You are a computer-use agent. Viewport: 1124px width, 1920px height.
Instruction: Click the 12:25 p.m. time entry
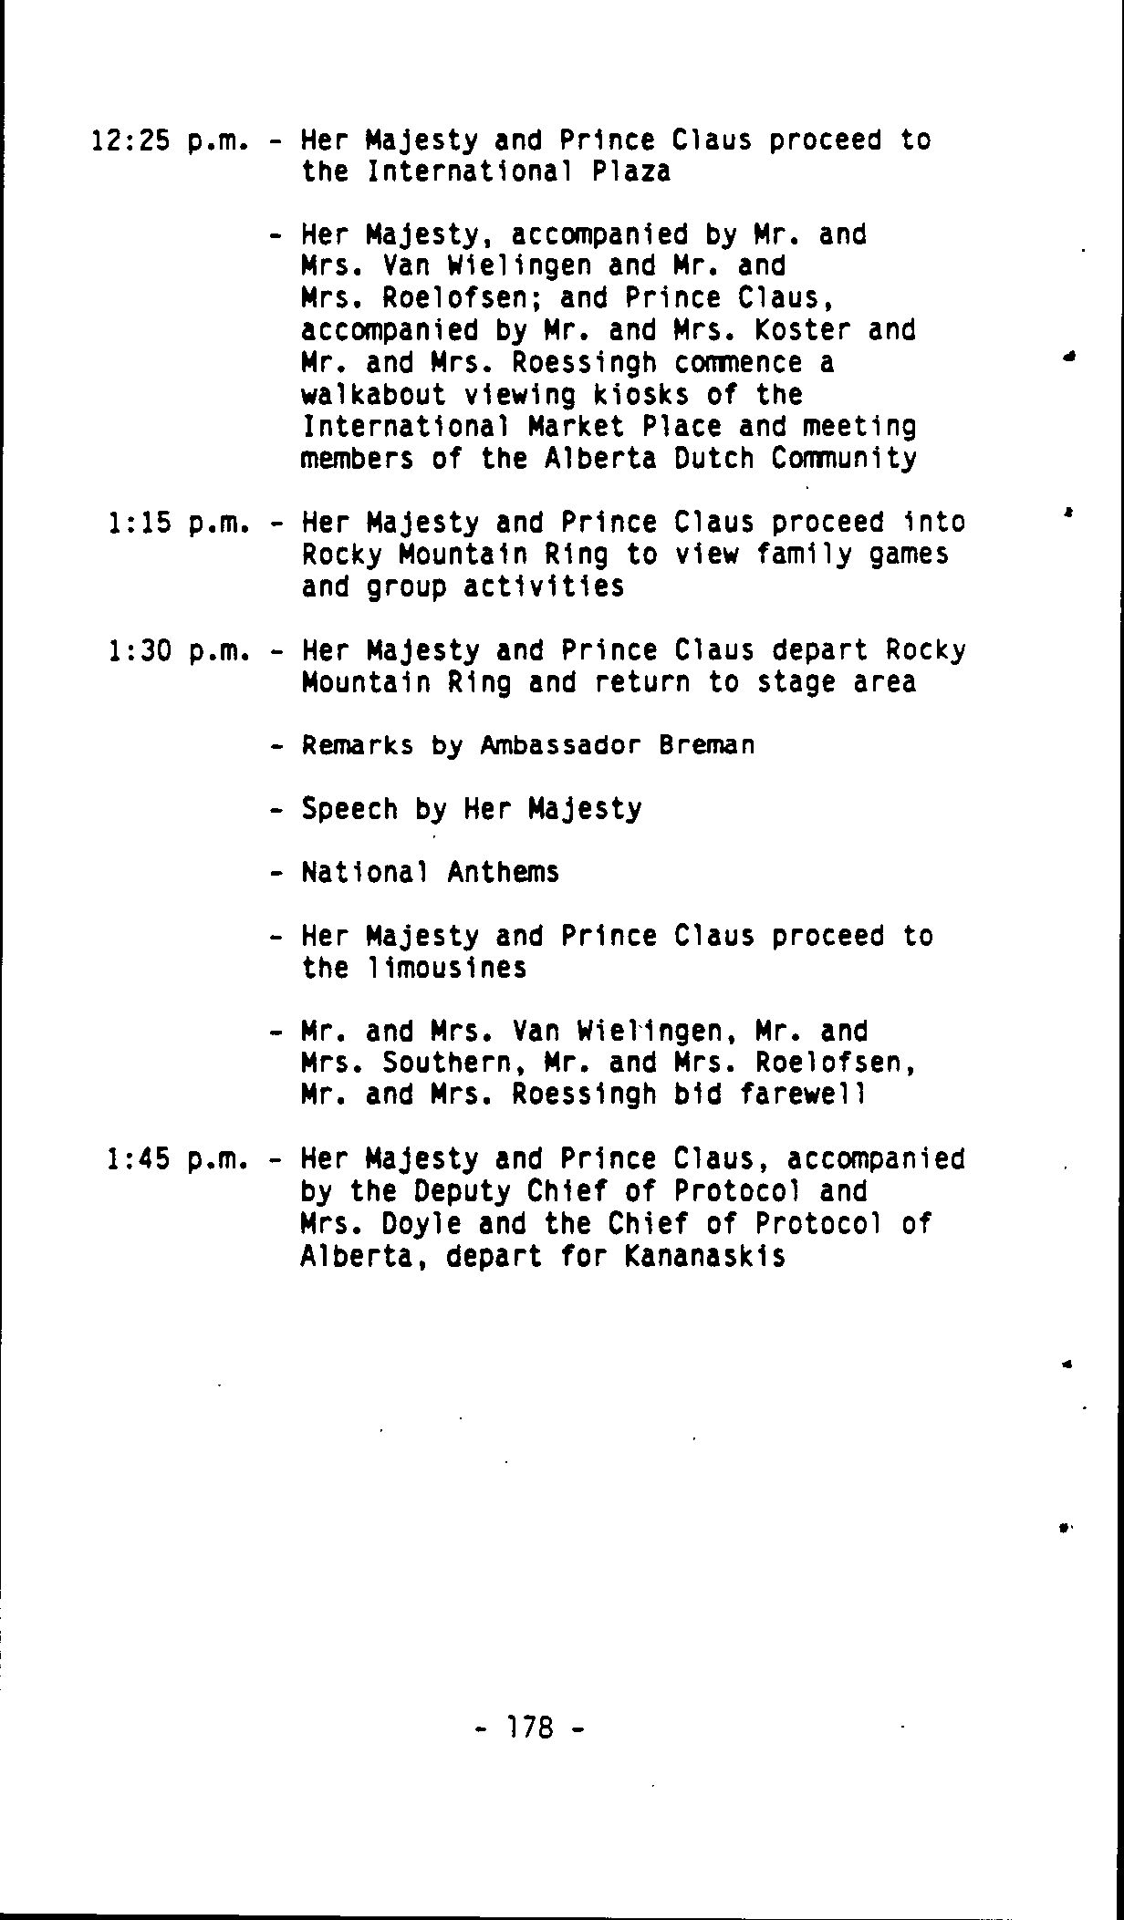click(x=171, y=141)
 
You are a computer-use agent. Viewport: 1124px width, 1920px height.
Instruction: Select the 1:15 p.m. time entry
click(x=178, y=524)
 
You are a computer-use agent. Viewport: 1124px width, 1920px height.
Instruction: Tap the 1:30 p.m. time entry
click(x=178, y=651)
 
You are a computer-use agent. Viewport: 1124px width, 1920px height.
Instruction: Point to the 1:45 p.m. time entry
click(x=178, y=1159)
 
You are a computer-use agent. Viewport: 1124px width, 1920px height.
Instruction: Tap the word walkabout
click(x=373, y=395)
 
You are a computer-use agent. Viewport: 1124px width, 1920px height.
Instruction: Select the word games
click(x=909, y=555)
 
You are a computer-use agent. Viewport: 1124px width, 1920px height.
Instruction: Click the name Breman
click(x=707, y=746)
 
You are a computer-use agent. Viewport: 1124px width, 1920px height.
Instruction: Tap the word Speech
click(x=349, y=810)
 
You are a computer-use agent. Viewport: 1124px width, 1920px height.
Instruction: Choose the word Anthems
click(x=503, y=873)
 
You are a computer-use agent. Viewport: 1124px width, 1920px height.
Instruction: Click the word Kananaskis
click(x=705, y=1257)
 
